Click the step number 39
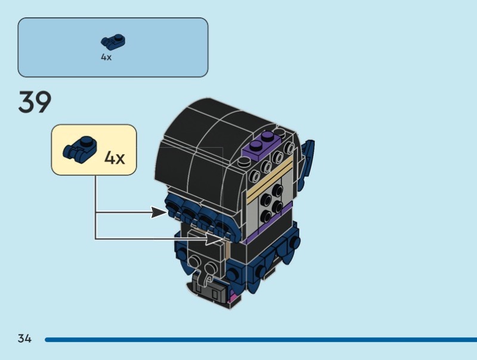(x=35, y=103)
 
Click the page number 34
(x=24, y=339)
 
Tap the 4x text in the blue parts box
(x=106, y=58)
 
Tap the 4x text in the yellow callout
(x=114, y=158)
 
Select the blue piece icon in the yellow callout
(x=78, y=149)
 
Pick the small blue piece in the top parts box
(x=113, y=41)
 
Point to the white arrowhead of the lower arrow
(x=215, y=239)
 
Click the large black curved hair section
(x=203, y=143)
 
